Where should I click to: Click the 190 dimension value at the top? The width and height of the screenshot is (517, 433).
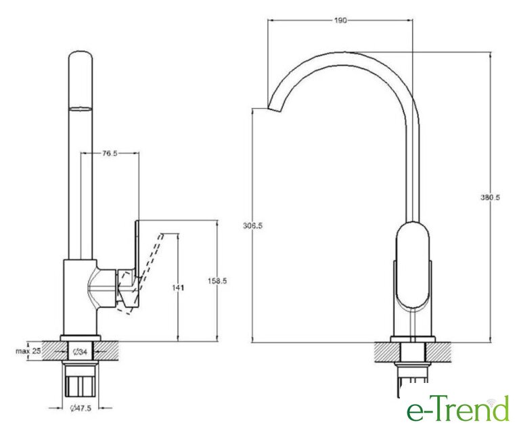(340, 20)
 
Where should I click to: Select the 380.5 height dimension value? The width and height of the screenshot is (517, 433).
(490, 198)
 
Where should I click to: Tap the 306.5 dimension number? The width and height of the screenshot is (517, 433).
(252, 226)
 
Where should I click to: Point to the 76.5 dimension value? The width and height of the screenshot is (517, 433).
(110, 153)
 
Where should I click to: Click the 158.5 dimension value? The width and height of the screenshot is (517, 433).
(217, 281)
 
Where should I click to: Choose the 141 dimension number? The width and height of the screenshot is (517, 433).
(178, 288)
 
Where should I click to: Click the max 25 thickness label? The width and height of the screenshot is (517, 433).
(28, 351)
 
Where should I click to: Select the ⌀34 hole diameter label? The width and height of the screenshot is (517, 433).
(80, 352)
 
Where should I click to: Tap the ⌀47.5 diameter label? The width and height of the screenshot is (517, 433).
(81, 408)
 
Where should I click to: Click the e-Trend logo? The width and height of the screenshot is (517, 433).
(458, 408)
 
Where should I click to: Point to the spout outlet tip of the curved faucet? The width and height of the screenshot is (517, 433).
(274, 110)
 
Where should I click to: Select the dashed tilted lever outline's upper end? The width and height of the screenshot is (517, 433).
(162, 234)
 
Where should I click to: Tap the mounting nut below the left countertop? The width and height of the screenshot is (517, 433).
(81, 382)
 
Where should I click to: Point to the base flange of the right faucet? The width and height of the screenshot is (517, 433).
(413, 339)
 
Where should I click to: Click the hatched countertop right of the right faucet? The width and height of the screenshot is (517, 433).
(439, 352)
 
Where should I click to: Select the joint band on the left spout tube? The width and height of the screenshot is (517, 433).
(81, 110)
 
